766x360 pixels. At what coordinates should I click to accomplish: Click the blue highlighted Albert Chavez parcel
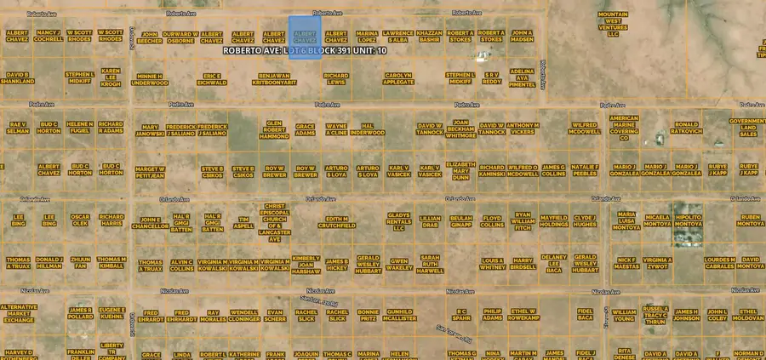coord(305,34)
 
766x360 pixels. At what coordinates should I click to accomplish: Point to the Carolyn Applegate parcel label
coord(398,78)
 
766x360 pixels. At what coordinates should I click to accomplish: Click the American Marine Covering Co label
coord(624,127)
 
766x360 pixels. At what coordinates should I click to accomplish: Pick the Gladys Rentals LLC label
coord(398,221)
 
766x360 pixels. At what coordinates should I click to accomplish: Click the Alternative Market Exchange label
coord(18,313)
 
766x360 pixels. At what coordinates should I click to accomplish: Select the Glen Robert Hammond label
coord(274,129)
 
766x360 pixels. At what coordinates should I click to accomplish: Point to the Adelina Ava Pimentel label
coord(522,78)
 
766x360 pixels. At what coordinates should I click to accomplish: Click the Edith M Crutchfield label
coord(334,222)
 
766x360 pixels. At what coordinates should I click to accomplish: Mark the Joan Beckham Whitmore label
coord(460,129)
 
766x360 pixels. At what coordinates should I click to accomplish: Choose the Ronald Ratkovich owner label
coord(686,128)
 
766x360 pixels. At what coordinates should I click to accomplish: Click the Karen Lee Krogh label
coord(111,77)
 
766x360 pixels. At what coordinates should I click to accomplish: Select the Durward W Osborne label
coord(180,37)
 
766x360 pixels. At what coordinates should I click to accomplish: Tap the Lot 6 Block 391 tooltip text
coord(304,50)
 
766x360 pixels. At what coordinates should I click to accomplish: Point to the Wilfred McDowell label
coord(585,129)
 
